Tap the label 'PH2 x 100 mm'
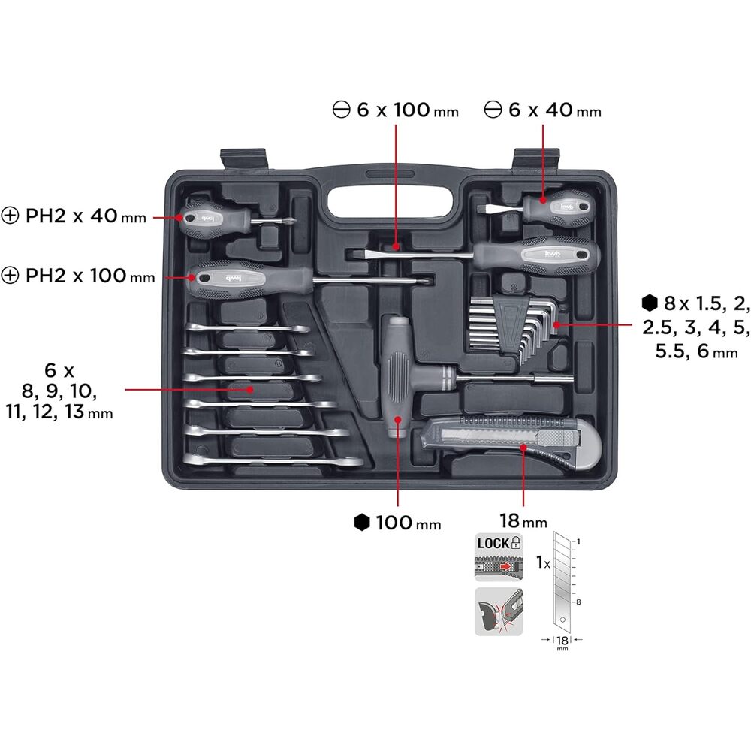coord(79,276)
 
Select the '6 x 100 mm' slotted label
coord(395,110)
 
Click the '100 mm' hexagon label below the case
coord(397,523)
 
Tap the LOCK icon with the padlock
coord(498,543)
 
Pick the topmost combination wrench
coord(249,330)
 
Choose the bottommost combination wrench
coord(275,460)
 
